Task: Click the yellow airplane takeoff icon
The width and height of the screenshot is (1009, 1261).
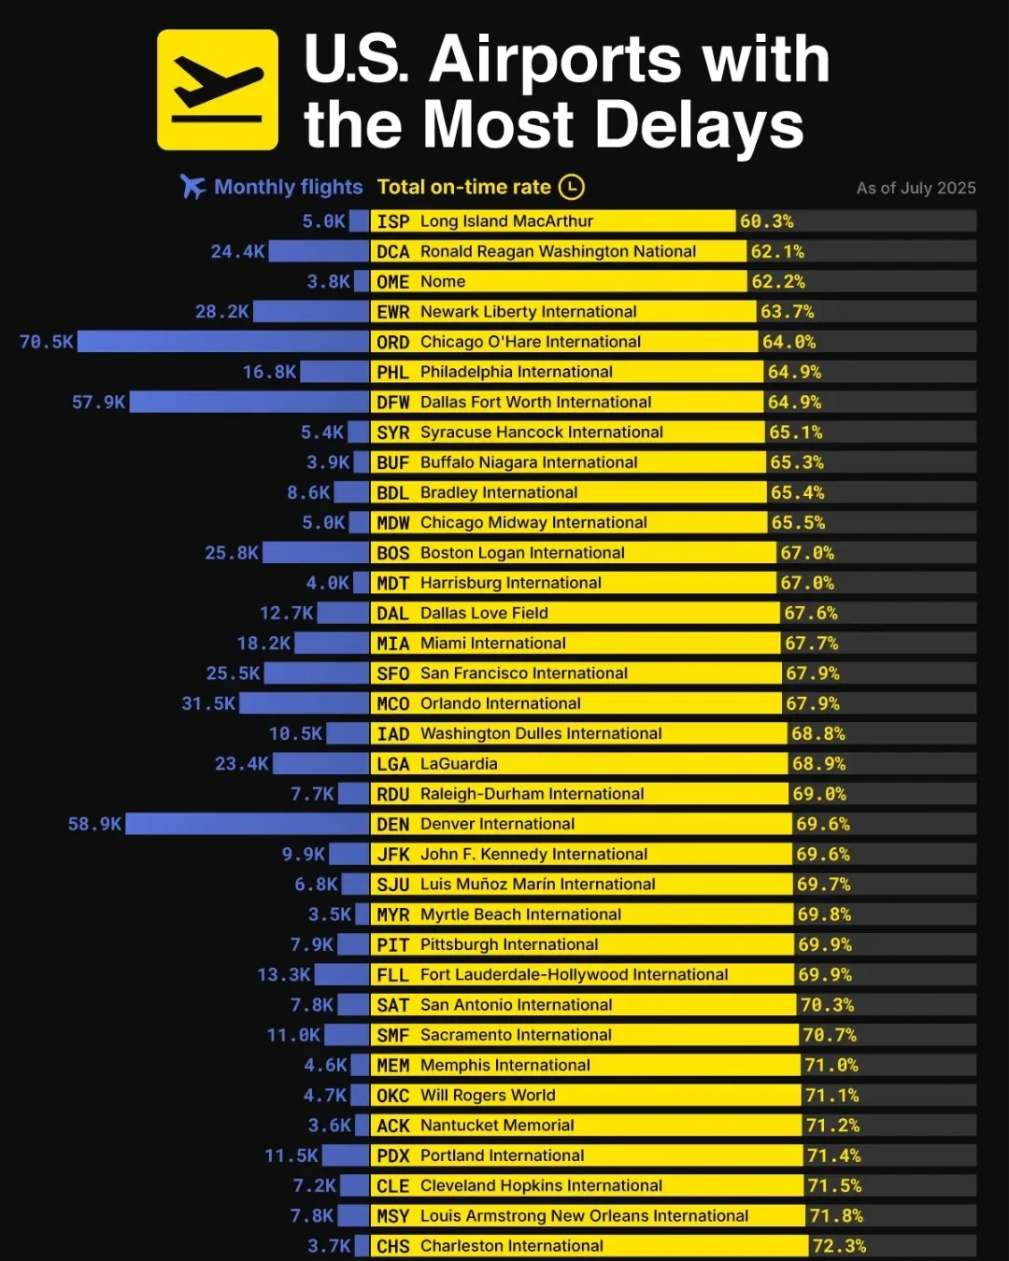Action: [217, 90]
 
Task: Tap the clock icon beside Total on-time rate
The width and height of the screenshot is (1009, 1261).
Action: [571, 187]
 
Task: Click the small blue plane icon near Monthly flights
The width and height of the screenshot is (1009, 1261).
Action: [193, 187]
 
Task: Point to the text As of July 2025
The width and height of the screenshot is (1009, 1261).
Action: [916, 188]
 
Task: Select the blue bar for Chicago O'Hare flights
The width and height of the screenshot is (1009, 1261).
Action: [223, 342]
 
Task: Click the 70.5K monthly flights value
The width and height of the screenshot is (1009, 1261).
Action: [46, 342]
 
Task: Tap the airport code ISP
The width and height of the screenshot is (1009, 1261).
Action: [392, 221]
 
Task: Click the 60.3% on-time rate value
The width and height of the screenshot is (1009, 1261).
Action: [766, 221]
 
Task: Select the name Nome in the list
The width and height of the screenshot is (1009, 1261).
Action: [443, 281]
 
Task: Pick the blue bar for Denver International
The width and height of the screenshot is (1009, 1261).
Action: [248, 824]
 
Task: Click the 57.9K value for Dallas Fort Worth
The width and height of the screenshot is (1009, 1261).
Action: [98, 402]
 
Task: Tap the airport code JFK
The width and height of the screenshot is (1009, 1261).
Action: [392, 854]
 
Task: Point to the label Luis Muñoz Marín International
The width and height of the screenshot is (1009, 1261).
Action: [537, 884]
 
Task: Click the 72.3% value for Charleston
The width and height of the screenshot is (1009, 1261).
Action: [839, 1246]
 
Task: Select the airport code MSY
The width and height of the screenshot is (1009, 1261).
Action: [392, 1216]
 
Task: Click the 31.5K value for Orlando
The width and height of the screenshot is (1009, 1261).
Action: [207, 703]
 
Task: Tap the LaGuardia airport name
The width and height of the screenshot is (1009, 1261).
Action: [459, 763]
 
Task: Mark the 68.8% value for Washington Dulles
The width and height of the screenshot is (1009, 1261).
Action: [818, 733]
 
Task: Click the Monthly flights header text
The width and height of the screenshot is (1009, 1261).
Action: [288, 187]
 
